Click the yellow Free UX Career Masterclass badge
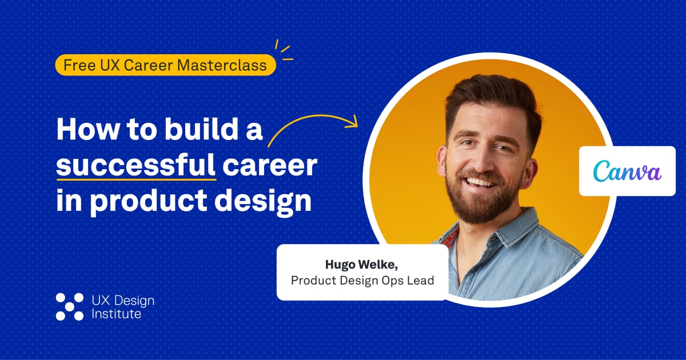[165, 65]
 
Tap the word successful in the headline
[135, 166]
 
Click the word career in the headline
[270, 166]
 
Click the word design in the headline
[269, 202]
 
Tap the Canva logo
[627, 171]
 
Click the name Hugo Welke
[362, 264]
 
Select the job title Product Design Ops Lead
[362, 281]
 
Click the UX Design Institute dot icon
[70, 306]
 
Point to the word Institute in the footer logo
[116, 314]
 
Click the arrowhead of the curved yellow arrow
[353, 121]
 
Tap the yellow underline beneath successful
[135, 178]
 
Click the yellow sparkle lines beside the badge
[284, 50]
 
